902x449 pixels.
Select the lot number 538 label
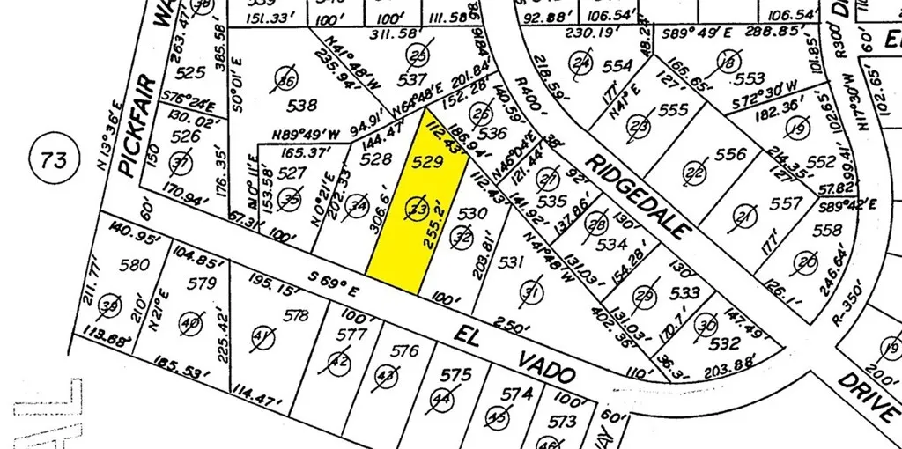coord(301,106)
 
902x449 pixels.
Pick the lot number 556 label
coord(729,154)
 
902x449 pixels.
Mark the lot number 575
coord(455,376)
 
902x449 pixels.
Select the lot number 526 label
coord(185,136)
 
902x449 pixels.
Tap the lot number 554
coord(618,65)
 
